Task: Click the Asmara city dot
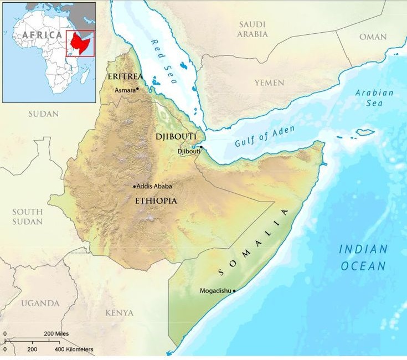[137, 89]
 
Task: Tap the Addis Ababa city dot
[135, 187]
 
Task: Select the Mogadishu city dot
[234, 290]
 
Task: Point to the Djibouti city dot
[202, 147]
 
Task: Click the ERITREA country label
[125, 76]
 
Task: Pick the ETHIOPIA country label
[156, 200]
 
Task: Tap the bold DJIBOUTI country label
[177, 136]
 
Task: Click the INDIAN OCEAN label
[363, 258]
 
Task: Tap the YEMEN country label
[269, 83]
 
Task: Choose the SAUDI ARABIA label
[253, 29]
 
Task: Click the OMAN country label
[373, 37]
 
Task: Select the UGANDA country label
[40, 303]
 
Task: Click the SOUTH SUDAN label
[28, 217]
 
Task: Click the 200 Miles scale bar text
[56, 333]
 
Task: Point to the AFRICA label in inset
[42, 34]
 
